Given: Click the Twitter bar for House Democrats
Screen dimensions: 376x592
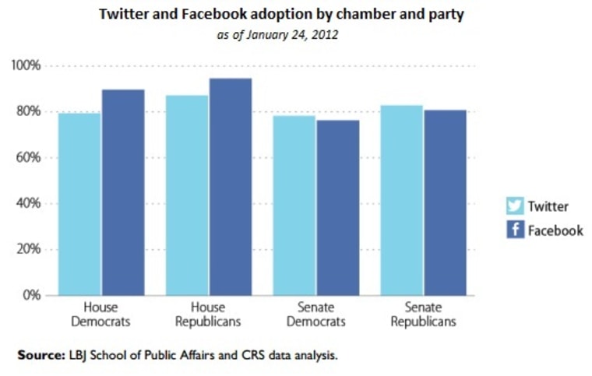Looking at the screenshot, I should point(79,204).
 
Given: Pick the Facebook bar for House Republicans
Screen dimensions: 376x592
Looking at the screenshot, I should point(230,187).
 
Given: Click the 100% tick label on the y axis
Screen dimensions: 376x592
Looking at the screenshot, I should point(25,65).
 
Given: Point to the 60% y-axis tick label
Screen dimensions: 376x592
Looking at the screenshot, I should point(27,157).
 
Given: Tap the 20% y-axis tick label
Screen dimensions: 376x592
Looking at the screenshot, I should point(27,250).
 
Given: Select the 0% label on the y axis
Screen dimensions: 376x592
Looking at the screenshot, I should point(30,296).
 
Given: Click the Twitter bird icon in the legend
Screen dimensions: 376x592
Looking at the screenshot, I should point(515,206).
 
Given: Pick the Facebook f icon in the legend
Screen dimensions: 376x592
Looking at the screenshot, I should point(515,230).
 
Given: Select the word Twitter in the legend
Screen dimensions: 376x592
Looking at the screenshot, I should point(548,206).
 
